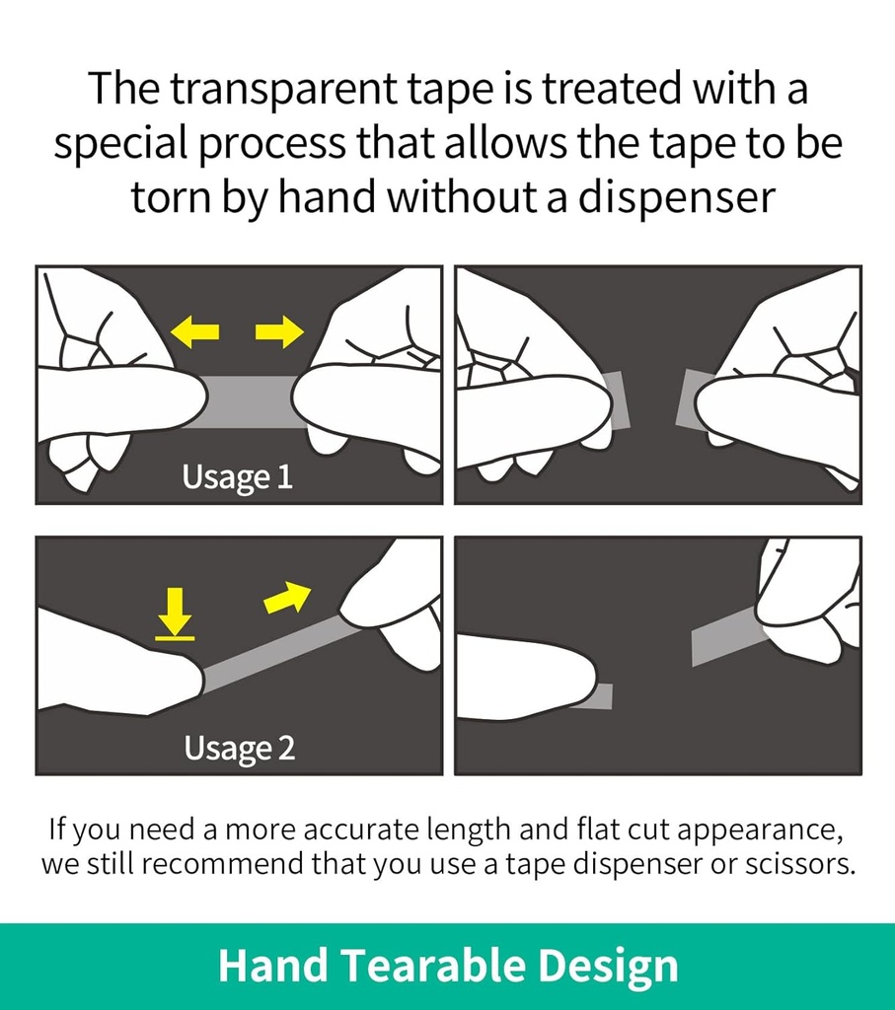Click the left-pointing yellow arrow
point(195,332)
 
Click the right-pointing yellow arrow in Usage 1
point(279,332)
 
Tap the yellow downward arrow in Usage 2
point(176,612)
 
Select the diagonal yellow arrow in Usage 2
point(287,597)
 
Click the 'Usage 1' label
point(238,477)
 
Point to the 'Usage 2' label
point(239,748)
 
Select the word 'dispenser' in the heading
point(676,196)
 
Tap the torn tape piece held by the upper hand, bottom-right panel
point(725,636)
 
